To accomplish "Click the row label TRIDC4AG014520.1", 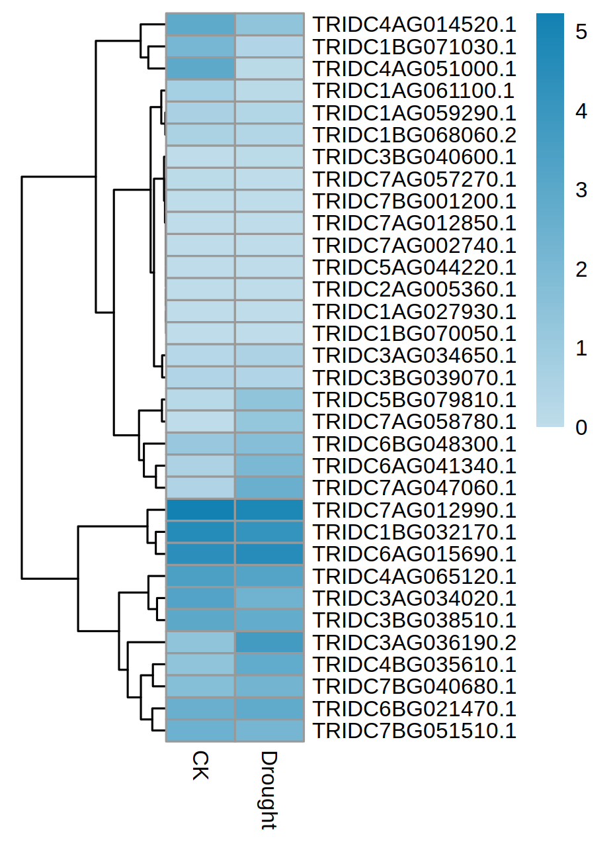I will click(414, 24).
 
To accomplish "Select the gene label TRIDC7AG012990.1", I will click(414, 510).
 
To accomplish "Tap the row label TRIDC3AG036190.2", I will click(414, 643).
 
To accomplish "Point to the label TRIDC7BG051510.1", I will click(414, 731).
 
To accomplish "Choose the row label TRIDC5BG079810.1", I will click(414, 400).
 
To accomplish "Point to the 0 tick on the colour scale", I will click(581, 428).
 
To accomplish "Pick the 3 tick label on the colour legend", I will click(581, 190).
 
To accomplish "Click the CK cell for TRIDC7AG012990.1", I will click(200, 510).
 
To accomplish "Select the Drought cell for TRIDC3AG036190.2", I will click(269, 643).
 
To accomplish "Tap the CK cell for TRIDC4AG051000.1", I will click(200, 69).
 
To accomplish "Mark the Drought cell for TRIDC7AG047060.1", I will click(269, 488).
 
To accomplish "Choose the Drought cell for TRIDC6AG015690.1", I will click(269, 554).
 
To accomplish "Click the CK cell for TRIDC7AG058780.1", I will click(200, 422).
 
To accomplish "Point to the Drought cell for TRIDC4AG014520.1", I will click(269, 24).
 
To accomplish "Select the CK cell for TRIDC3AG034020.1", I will click(200, 598).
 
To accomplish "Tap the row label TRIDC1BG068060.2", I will click(414, 135).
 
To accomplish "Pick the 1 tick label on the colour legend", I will click(581, 349).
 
